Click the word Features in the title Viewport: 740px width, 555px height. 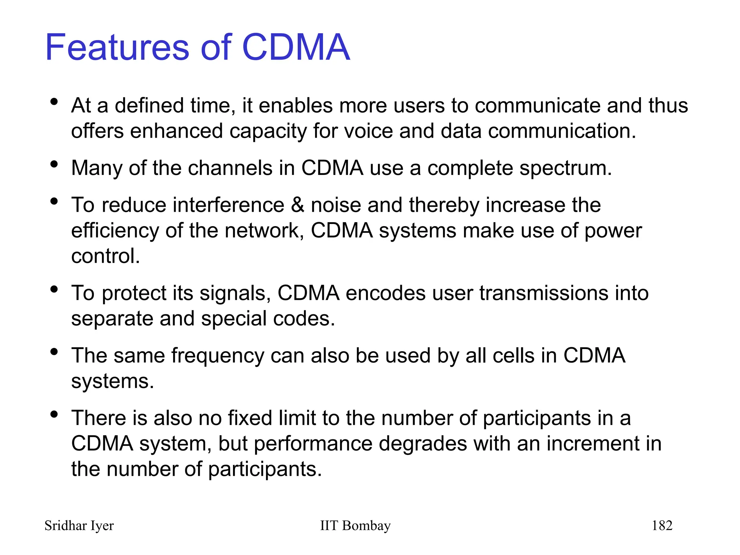117,47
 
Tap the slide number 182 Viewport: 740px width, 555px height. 662,525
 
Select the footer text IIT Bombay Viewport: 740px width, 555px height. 355,525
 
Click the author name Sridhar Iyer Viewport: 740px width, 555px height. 79,525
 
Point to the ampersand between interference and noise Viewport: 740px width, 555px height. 297,205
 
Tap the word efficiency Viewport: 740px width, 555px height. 115,231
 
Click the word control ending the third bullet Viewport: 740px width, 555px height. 105,256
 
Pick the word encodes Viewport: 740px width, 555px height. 385,293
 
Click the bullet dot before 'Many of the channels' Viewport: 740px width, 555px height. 54,165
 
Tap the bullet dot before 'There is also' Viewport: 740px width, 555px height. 54,414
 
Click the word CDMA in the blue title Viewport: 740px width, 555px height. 296,47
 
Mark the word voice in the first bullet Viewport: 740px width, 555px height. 368,131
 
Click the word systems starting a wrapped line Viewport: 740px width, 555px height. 112,382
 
